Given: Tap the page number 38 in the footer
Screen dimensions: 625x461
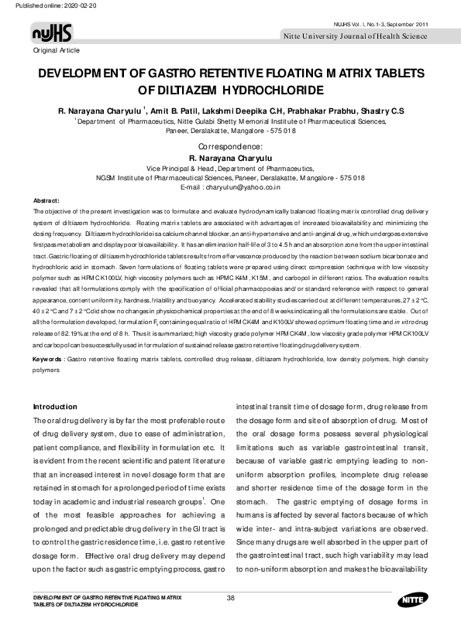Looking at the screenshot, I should pos(230,598).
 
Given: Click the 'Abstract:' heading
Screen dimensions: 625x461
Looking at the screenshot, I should pos(46,200).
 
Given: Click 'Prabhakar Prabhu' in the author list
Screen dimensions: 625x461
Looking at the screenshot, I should pos(306,111).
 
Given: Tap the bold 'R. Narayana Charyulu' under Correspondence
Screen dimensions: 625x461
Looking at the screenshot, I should pos(230,157).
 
